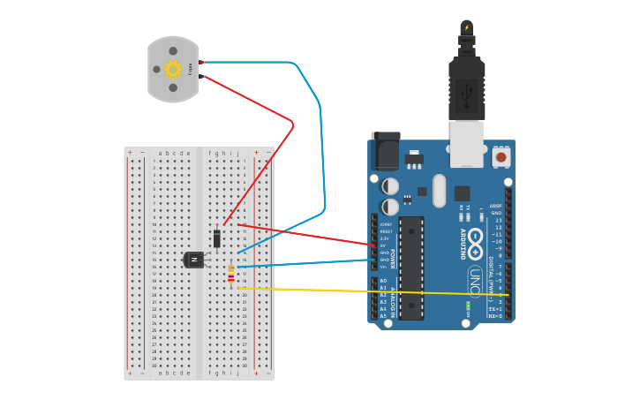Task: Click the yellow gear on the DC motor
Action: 173,69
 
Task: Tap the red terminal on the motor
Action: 201,62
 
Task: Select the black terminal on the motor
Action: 201,77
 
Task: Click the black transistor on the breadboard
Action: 193,259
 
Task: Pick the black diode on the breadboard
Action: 217,238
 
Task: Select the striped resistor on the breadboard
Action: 231,275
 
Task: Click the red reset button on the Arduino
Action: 501,157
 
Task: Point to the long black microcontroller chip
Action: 411,267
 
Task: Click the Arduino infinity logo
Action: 476,238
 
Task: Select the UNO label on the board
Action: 476,283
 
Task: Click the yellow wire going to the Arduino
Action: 371,291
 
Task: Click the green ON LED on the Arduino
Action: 468,306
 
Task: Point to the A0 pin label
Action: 383,281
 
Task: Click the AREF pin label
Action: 496,206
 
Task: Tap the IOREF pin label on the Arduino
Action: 386,224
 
